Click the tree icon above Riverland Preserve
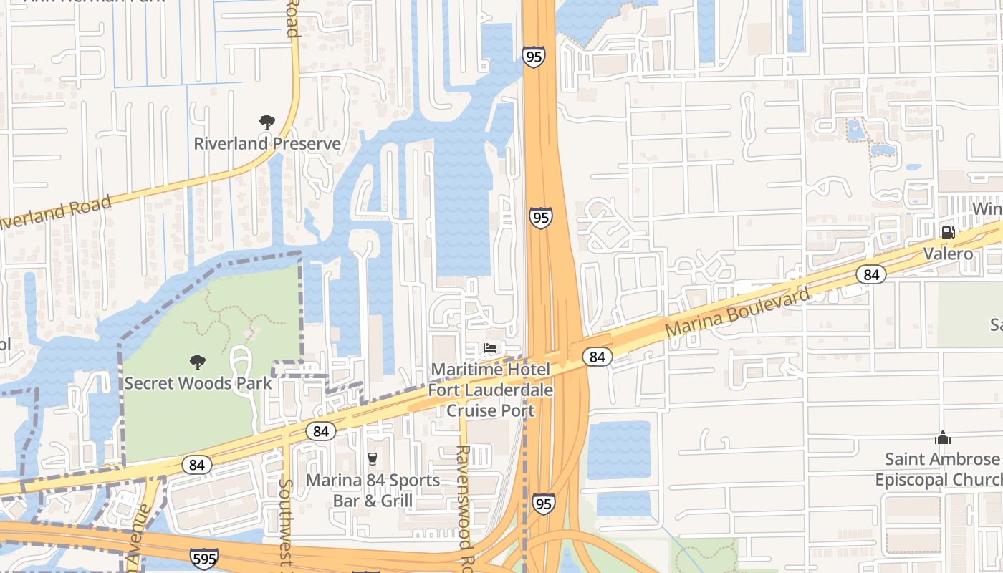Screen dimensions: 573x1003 pyautogui.click(x=267, y=122)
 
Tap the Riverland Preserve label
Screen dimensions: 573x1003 pyautogui.click(x=267, y=143)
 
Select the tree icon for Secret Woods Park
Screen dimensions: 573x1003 pyautogui.click(x=197, y=362)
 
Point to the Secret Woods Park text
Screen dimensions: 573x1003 pyautogui.click(x=198, y=383)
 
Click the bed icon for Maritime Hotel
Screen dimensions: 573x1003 pyautogui.click(x=490, y=349)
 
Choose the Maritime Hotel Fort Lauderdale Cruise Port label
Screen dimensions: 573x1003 pyautogui.click(x=491, y=390)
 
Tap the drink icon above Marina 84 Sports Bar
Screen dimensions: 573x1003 pyautogui.click(x=372, y=459)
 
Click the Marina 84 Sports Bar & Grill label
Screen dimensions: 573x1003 pyautogui.click(x=373, y=490)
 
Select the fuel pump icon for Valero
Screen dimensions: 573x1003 pyautogui.click(x=948, y=232)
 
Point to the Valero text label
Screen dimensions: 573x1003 pyautogui.click(x=948, y=254)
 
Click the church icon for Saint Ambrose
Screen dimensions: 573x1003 pyautogui.click(x=942, y=438)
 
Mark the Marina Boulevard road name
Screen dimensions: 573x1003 pyautogui.click(x=737, y=312)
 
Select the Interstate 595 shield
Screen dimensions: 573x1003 pyautogui.click(x=204, y=558)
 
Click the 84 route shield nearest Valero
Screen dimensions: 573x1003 pyautogui.click(x=870, y=274)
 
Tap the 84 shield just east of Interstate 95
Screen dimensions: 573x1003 pyautogui.click(x=597, y=356)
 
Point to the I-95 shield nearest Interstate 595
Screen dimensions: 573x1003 pyautogui.click(x=543, y=504)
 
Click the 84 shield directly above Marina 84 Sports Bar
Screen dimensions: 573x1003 pyautogui.click(x=321, y=431)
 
